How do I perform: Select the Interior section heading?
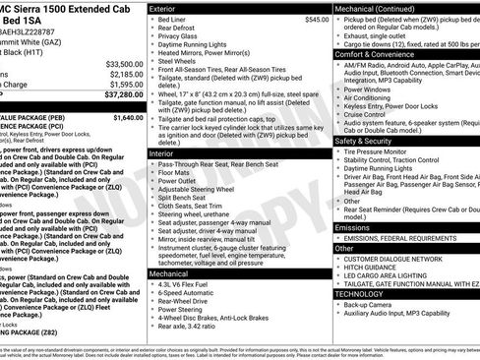point(163,154)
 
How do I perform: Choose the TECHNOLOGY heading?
point(359,293)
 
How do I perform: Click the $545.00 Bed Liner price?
point(310,20)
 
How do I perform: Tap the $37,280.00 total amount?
point(122,96)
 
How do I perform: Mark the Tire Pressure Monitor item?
point(380,152)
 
